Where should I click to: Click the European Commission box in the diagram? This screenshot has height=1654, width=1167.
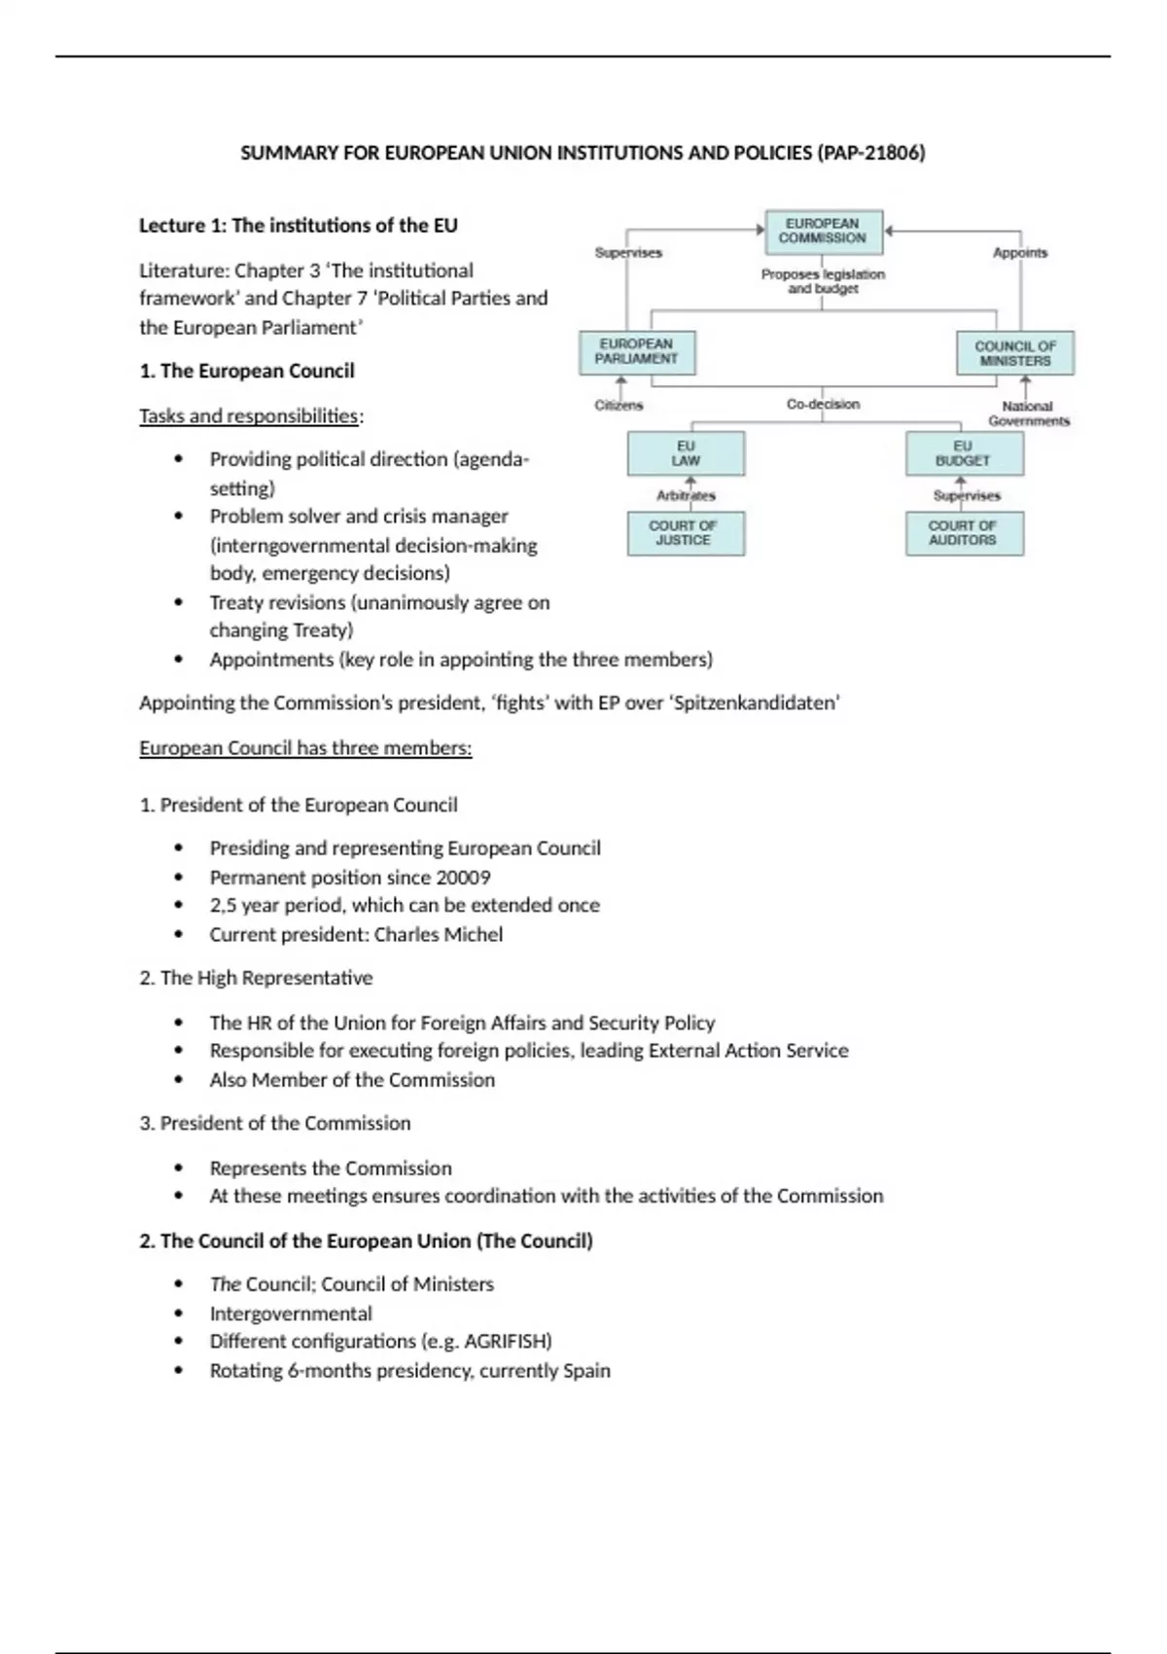click(x=823, y=232)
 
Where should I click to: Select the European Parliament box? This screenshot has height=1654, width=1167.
click(x=637, y=352)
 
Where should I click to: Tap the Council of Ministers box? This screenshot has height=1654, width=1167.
click(x=1015, y=353)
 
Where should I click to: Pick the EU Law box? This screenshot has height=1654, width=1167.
click(x=686, y=453)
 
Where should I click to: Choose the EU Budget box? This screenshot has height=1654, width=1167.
click(x=964, y=453)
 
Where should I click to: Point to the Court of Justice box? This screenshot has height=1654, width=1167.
click(x=685, y=533)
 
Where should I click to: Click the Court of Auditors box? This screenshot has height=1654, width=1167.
click(x=964, y=533)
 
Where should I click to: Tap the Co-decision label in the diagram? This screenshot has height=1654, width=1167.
click(x=823, y=404)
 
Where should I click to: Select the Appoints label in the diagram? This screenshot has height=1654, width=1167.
click(x=1020, y=253)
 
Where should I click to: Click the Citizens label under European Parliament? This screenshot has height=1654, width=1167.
click(x=619, y=405)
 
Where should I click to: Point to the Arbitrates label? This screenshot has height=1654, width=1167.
click(x=686, y=495)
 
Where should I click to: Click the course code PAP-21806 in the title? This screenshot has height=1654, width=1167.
click(x=870, y=153)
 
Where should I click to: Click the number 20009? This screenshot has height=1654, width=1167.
click(x=463, y=877)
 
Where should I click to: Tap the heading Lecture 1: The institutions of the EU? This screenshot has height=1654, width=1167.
click(x=298, y=226)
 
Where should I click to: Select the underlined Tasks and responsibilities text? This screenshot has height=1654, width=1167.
click(x=249, y=415)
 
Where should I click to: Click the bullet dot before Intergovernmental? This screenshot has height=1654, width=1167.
click(x=178, y=1312)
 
